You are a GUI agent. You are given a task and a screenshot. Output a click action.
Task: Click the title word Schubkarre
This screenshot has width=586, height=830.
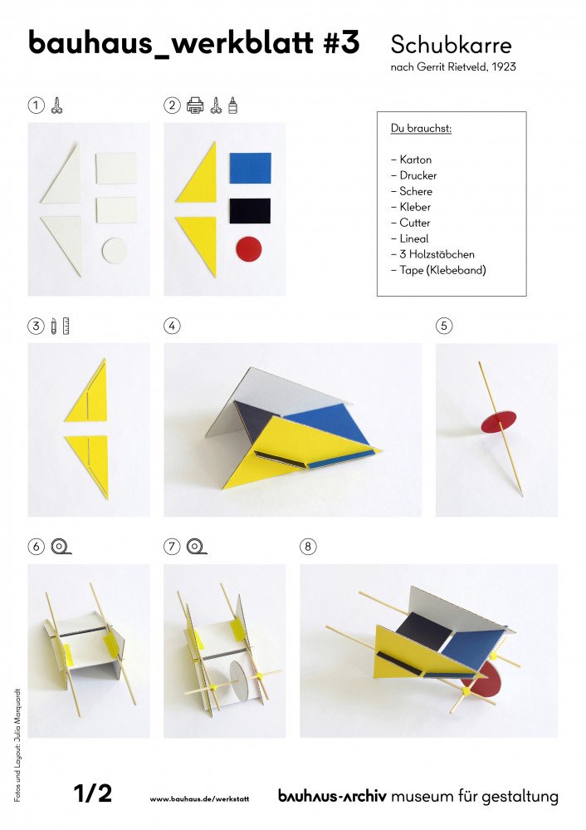[x=451, y=44]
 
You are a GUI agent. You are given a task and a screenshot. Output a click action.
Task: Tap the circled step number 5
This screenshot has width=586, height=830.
[x=444, y=326]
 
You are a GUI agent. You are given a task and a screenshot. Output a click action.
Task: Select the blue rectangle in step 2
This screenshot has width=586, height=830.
[x=250, y=168]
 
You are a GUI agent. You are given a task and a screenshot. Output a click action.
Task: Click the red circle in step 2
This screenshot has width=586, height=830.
[x=248, y=248]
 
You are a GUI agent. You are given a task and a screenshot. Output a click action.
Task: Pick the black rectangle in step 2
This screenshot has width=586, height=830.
[x=250, y=210]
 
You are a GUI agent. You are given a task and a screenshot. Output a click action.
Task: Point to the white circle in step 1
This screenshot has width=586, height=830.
[x=115, y=250]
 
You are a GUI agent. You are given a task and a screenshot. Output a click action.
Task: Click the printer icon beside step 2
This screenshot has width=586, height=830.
[x=195, y=106]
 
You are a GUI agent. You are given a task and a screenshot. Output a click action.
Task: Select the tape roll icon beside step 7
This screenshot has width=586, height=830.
[x=197, y=547]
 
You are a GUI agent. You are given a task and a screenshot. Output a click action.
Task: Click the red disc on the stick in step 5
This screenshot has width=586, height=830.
[x=498, y=422]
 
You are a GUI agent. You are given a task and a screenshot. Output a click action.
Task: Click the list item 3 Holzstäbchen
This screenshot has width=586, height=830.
[x=432, y=254]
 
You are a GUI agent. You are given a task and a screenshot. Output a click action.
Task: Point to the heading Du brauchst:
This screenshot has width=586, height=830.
[x=415, y=129]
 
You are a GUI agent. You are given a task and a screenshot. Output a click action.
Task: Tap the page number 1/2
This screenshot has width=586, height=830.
[x=92, y=794]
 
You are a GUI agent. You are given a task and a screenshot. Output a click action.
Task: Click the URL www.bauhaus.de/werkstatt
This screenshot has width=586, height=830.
[x=199, y=798]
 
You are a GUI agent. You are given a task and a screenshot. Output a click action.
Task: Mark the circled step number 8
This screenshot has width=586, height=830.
[x=308, y=547]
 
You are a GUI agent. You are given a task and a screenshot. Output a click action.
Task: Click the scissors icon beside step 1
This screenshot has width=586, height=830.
[x=56, y=106]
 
